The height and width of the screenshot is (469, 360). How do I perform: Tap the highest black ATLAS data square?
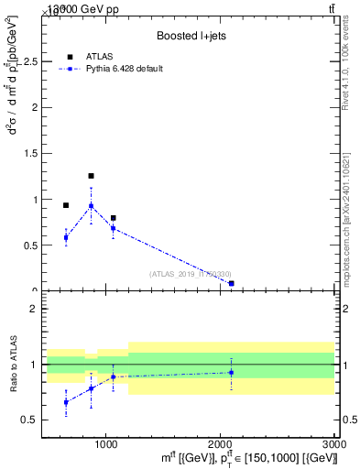tap(91, 175)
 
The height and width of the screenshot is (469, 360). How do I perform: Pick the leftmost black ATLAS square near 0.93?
tap(66, 205)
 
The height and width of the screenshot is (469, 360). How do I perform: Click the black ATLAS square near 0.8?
tap(113, 218)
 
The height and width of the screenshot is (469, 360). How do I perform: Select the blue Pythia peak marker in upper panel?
tap(91, 205)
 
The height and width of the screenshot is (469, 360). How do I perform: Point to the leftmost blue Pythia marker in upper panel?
tap(66, 237)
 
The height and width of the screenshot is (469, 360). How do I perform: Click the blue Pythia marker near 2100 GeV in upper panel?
tap(231, 284)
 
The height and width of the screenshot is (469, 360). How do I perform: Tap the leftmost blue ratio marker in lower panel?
tap(66, 402)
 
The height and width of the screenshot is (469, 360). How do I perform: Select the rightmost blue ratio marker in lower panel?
tap(231, 372)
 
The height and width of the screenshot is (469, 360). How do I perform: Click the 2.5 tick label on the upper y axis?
tap(29, 61)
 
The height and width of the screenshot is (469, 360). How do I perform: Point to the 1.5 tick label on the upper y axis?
tap(29, 153)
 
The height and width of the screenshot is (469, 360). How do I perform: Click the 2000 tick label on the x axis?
tap(220, 442)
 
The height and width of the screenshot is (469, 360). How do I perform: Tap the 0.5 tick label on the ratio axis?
tap(29, 420)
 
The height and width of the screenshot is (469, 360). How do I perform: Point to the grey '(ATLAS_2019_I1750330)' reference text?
tap(191, 274)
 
